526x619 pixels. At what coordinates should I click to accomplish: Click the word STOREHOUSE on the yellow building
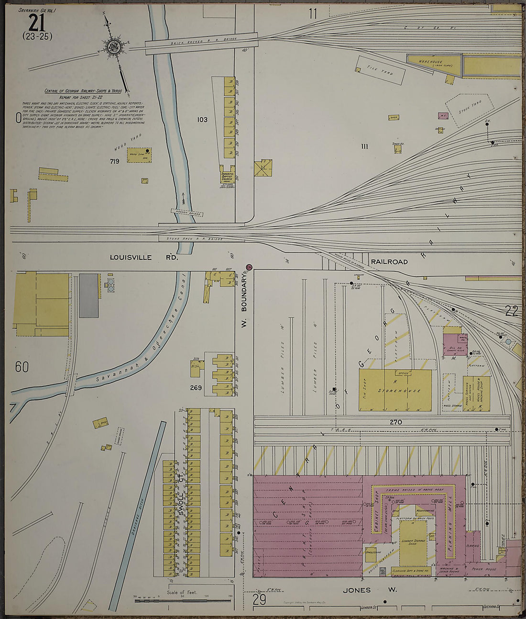[400, 391]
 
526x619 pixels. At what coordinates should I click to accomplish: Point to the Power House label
[483, 570]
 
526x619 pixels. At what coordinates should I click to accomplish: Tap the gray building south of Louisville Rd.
[88, 295]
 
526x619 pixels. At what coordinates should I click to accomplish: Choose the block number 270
[395, 422]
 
